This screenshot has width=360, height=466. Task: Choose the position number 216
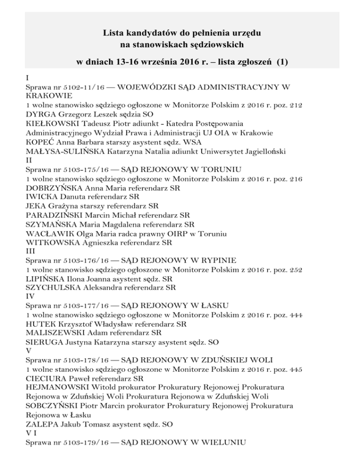click(296, 178)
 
